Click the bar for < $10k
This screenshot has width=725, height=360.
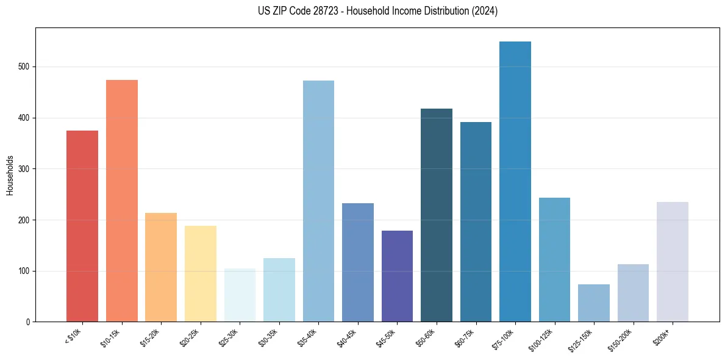pyautogui.click(x=82, y=226)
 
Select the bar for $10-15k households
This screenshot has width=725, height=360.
pyautogui.click(x=121, y=201)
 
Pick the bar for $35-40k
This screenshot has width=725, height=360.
pyautogui.click(x=318, y=201)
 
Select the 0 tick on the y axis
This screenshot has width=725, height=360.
pyautogui.click(x=27, y=322)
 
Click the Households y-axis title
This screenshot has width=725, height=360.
pyautogui.click(x=10, y=175)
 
